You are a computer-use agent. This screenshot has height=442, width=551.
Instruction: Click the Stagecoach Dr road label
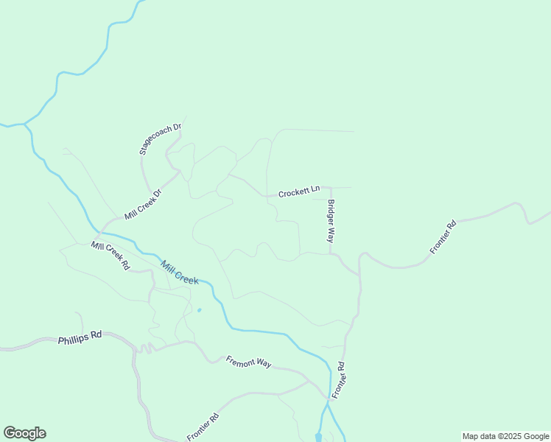pyautogui.click(x=160, y=139)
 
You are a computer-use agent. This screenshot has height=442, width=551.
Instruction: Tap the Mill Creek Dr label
pyautogui.click(x=142, y=205)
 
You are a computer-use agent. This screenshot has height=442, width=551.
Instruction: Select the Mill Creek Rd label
pyautogui.click(x=110, y=256)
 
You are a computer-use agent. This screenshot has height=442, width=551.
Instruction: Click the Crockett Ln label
pyautogui.click(x=298, y=192)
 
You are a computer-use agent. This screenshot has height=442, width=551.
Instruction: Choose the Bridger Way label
pyautogui.click(x=331, y=221)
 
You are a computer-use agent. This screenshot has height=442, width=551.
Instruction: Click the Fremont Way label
pyautogui.click(x=249, y=362)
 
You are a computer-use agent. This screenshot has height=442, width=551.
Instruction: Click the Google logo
pyautogui.click(x=24, y=433)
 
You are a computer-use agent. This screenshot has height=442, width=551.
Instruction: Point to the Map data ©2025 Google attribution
pyautogui.click(x=505, y=436)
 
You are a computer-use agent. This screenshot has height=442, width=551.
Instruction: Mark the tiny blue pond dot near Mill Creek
pyautogui.click(x=199, y=310)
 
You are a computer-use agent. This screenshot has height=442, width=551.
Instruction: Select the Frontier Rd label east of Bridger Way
pyautogui.click(x=443, y=237)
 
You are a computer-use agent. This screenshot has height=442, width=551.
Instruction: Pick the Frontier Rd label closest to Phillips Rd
pyautogui.click(x=203, y=427)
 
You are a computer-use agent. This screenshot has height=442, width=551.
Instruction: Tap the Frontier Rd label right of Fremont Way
pyautogui.click(x=338, y=380)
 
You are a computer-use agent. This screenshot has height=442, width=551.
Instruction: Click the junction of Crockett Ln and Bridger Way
pyautogui.click(x=329, y=188)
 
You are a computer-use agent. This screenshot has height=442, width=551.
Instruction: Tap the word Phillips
pyautogui.click(x=72, y=340)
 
